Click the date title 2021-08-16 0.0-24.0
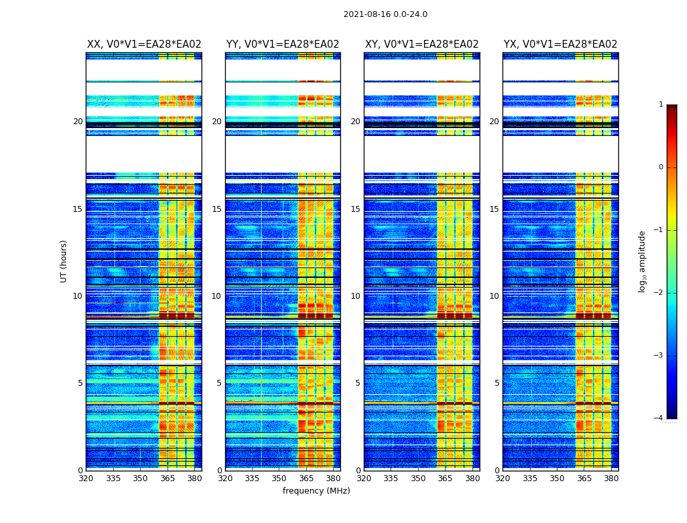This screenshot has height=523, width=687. (x=385, y=14)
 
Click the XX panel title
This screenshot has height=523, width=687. (x=144, y=44)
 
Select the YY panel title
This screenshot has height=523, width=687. (x=283, y=44)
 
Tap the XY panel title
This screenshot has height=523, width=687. (x=421, y=44)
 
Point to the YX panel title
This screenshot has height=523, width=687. (x=560, y=44)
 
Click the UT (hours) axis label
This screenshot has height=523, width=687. (x=64, y=261)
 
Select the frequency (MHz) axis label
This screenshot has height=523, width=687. (x=316, y=491)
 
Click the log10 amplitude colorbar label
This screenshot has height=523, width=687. (x=643, y=261)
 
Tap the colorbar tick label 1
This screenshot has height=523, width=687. (x=660, y=105)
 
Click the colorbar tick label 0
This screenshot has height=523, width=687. (x=660, y=167)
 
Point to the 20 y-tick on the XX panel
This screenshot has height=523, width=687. (x=78, y=122)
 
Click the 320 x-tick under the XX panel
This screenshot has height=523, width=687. (x=86, y=479)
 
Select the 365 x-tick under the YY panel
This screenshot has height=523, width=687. (x=306, y=479)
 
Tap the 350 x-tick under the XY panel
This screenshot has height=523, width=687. (x=418, y=479)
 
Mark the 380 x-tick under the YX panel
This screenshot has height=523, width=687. (x=611, y=479)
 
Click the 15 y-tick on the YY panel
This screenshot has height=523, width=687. (x=217, y=209)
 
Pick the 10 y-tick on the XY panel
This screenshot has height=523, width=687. (x=355, y=296)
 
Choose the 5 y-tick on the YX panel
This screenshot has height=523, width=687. (x=497, y=383)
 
